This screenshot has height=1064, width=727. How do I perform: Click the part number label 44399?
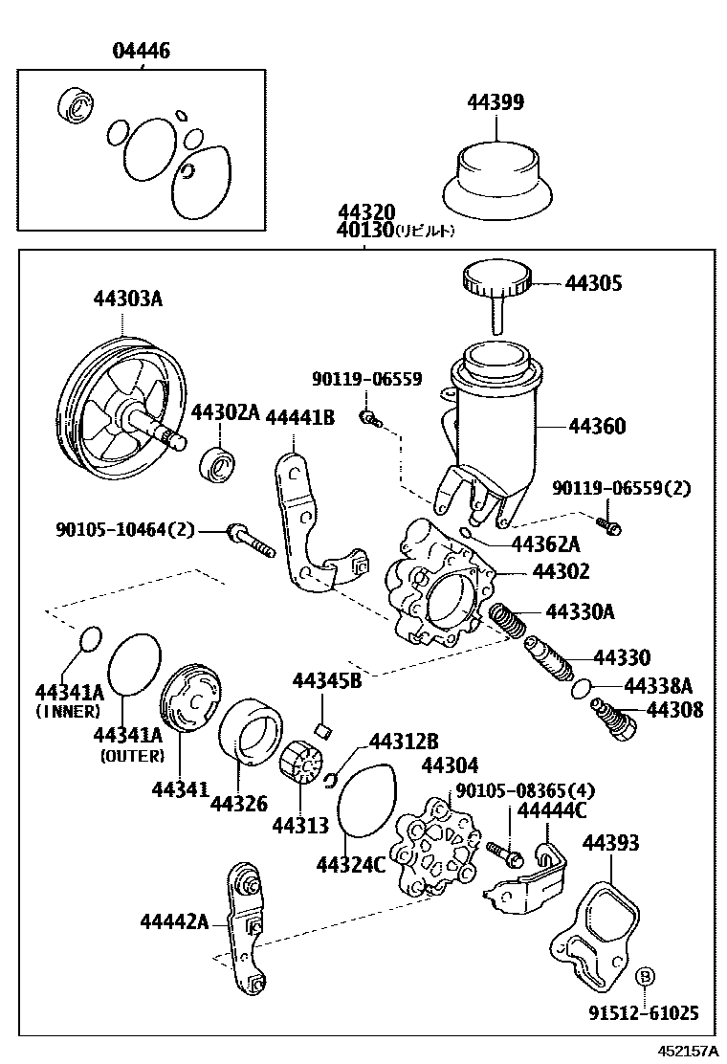[495, 102]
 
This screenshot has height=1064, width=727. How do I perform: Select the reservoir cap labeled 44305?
[496, 280]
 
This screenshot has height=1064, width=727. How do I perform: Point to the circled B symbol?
[645, 976]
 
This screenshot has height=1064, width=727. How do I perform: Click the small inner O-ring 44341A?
[88, 638]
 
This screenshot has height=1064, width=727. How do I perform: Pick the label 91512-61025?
[644, 1012]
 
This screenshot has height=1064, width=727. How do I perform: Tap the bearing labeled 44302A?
[218, 465]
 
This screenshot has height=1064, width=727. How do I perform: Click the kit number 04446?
[141, 51]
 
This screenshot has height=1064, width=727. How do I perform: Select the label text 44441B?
[298, 416]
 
